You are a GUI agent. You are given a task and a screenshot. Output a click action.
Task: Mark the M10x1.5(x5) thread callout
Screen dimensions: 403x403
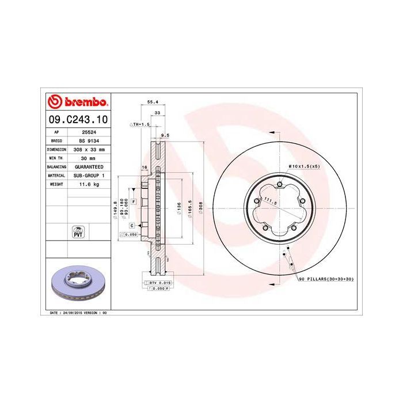304,166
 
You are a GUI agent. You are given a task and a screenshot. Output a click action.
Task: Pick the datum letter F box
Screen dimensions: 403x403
133,201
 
